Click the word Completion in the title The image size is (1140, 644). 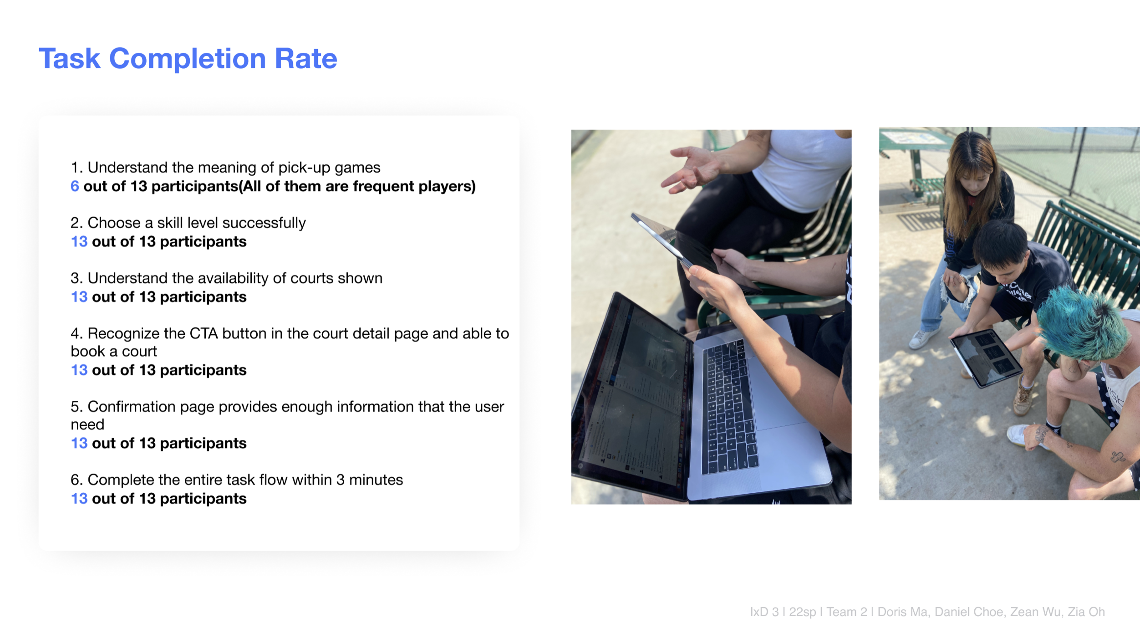[187, 59]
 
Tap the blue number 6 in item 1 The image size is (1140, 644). [75, 186]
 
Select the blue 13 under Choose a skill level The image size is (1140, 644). [79, 242]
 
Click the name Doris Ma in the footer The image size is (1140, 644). [902, 612]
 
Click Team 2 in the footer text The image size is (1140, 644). [847, 612]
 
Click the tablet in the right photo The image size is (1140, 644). [986, 358]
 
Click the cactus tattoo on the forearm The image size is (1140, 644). [1117, 456]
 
